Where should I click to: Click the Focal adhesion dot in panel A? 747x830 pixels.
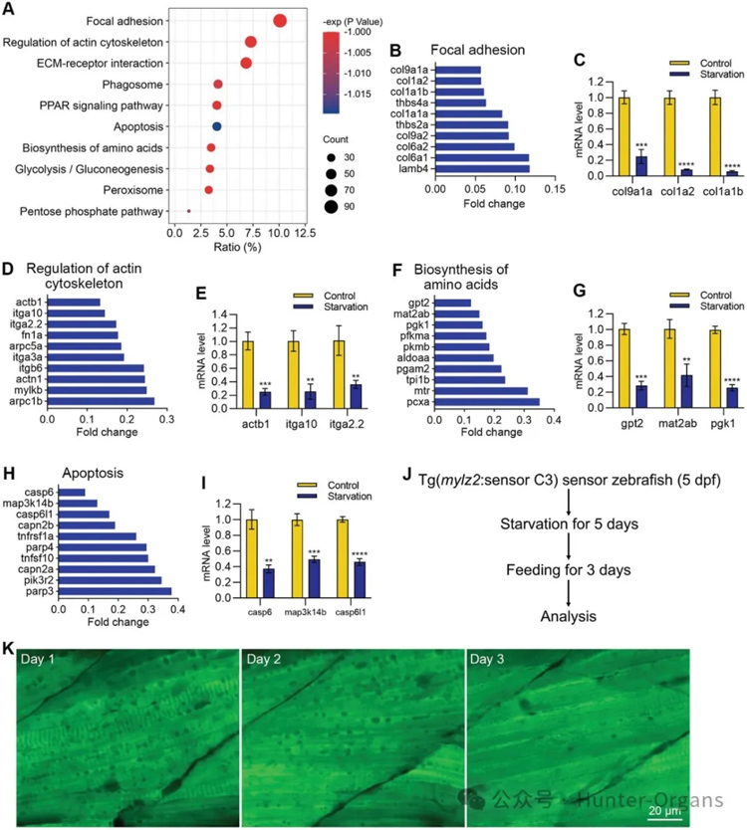coord(280,22)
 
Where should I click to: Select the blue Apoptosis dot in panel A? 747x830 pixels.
coord(216,126)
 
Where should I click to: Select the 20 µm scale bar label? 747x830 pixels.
coord(664,812)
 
